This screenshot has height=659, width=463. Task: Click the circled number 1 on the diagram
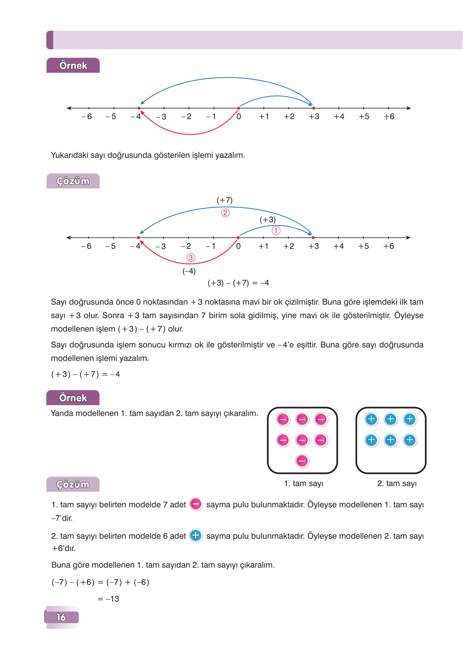pos(276,231)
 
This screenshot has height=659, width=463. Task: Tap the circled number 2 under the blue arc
pos(225,213)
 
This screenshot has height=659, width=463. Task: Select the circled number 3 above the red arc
pos(191,258)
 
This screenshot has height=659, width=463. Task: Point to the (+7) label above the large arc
pos(225,200)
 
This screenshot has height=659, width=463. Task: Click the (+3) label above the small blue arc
pos(268,220)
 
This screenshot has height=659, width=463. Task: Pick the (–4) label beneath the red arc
pos(189,271)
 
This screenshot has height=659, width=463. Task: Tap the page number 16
pos(61,617)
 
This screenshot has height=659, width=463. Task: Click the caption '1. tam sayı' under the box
pos(304,484)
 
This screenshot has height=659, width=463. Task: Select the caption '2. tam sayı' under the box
pos(397,484)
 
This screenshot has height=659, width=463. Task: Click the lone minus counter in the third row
pos(302,461)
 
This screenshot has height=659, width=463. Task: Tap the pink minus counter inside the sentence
pos(196,504)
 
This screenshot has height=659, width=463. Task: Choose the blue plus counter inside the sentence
pos(196,535)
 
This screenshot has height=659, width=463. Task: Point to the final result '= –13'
pos(109,599)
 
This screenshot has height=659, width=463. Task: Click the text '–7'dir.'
pos(62,518)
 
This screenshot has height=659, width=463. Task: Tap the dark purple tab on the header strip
pos(50,40)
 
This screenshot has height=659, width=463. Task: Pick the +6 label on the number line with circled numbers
pos(389,246)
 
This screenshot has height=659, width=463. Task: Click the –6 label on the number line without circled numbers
pos(87,117)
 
